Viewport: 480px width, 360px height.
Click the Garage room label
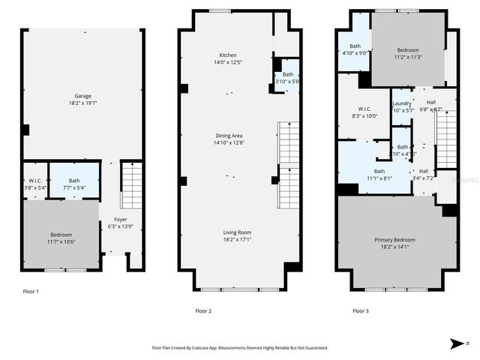coord(82,96)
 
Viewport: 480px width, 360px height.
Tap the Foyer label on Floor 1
coord(120,219)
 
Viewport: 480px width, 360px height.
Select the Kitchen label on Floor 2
coord(228,55)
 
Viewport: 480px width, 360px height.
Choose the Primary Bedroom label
coord(394,240)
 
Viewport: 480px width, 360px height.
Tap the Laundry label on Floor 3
coord(402,103)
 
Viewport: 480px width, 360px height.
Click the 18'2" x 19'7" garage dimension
coord(82,103)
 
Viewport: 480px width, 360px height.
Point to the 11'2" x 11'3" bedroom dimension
coord(409,56)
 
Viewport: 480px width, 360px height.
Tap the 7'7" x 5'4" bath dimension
coord(73,188)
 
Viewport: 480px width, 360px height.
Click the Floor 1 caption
coord(31,291)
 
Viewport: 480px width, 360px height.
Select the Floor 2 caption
coord(203,310)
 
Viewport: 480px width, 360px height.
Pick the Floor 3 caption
coord(361,310)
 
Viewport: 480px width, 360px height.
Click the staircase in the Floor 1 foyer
coord(130,187)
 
